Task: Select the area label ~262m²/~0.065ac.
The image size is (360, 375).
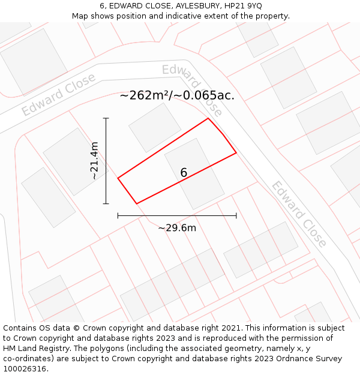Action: (177, 95)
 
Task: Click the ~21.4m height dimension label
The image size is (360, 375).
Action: (94, 161)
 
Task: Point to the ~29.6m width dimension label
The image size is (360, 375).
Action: (177, 227)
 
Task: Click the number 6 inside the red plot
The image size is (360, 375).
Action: (184, 173)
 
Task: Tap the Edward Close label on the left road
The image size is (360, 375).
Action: (58, 95)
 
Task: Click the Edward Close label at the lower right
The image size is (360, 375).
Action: (299, 214)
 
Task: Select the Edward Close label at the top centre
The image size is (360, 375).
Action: (192, 89)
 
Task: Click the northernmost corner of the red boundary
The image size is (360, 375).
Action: (208, 118)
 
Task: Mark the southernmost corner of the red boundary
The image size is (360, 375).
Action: (137, 204)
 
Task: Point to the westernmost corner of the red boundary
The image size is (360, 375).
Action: (118, 178)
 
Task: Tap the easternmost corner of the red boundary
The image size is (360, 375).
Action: (236, 153)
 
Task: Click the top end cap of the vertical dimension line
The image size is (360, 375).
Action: (106, 118)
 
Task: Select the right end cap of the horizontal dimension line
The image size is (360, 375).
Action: (236, 215)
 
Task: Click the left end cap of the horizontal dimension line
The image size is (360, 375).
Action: (118, 215)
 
